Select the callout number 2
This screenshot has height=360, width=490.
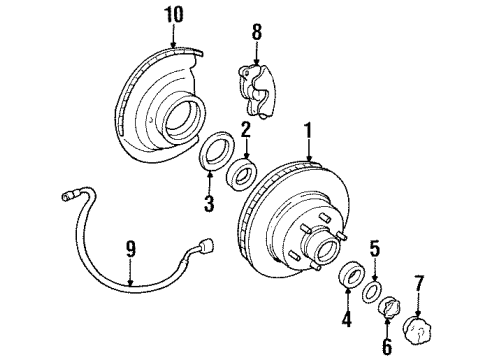[244, 127]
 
